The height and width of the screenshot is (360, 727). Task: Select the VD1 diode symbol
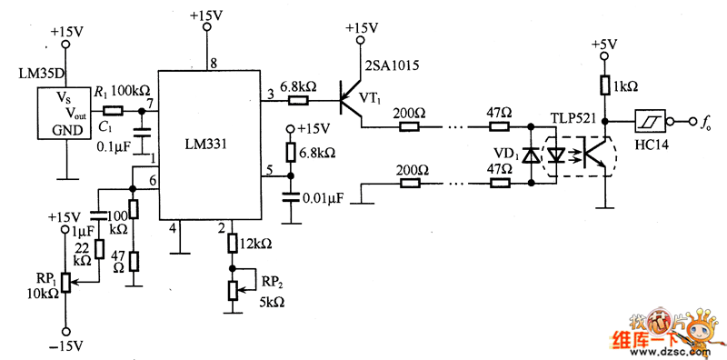click(x=530, y=155)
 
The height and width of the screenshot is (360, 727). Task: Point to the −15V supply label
click(x=66, y=346)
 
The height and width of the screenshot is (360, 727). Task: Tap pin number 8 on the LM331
click(x=214, y=63)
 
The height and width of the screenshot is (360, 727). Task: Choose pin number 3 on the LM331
click(x=269, y=94)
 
